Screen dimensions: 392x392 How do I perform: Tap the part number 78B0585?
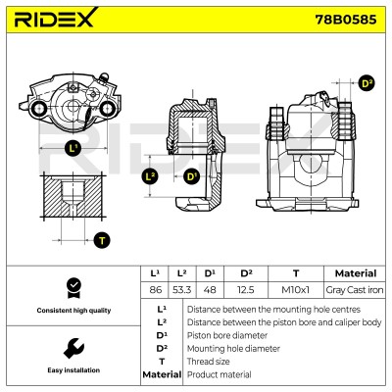345,20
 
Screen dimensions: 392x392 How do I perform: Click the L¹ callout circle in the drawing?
73,149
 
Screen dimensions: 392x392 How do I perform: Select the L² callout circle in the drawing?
150,177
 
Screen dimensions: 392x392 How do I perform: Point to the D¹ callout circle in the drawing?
191,177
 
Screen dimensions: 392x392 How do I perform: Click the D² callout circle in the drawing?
367,83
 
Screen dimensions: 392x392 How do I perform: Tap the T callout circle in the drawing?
102,241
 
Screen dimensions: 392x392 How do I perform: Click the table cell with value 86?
155,290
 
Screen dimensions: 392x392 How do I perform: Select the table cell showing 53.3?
181,290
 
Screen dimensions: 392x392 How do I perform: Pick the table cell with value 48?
210,290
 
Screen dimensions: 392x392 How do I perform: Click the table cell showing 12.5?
246,290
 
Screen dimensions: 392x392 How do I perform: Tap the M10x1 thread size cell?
296,290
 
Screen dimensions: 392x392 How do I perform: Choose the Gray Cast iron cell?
355,290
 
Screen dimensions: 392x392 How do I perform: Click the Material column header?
356,273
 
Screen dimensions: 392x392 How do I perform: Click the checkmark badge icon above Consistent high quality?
74,288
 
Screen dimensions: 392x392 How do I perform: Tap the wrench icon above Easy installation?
73,348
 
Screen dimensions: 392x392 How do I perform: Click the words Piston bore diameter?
227,335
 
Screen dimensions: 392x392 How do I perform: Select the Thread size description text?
208,362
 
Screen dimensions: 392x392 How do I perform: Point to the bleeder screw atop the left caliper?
103,77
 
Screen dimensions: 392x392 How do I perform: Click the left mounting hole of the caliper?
38,109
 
